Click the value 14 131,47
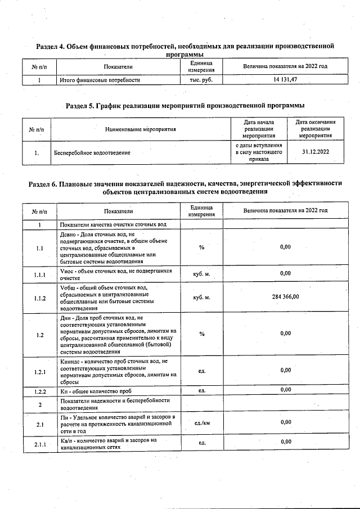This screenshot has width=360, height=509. point(285,80)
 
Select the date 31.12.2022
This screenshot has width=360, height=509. point(315,152)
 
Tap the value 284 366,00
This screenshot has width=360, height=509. point(285,297)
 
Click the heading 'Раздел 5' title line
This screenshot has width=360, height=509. point(185,105)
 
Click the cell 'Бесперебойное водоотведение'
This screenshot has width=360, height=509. point(92,152)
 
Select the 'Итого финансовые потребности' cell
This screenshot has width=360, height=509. point(100,80)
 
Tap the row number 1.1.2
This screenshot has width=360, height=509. point(40,297)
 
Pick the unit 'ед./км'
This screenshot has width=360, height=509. point(201,422)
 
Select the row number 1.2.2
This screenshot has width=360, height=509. point(40,389)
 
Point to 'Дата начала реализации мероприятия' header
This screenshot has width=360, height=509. point(259,129)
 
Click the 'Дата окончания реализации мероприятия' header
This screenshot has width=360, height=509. point(315,129)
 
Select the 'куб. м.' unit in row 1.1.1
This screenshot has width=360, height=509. point(201,273)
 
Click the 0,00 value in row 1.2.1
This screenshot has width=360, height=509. point(285,370)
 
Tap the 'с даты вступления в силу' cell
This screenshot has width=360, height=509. point(259,152)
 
